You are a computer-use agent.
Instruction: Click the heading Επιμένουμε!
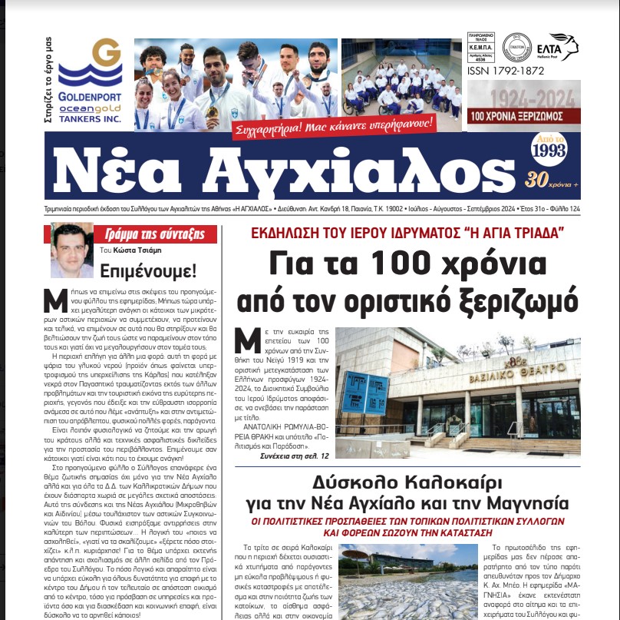[x=152, y=270]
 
